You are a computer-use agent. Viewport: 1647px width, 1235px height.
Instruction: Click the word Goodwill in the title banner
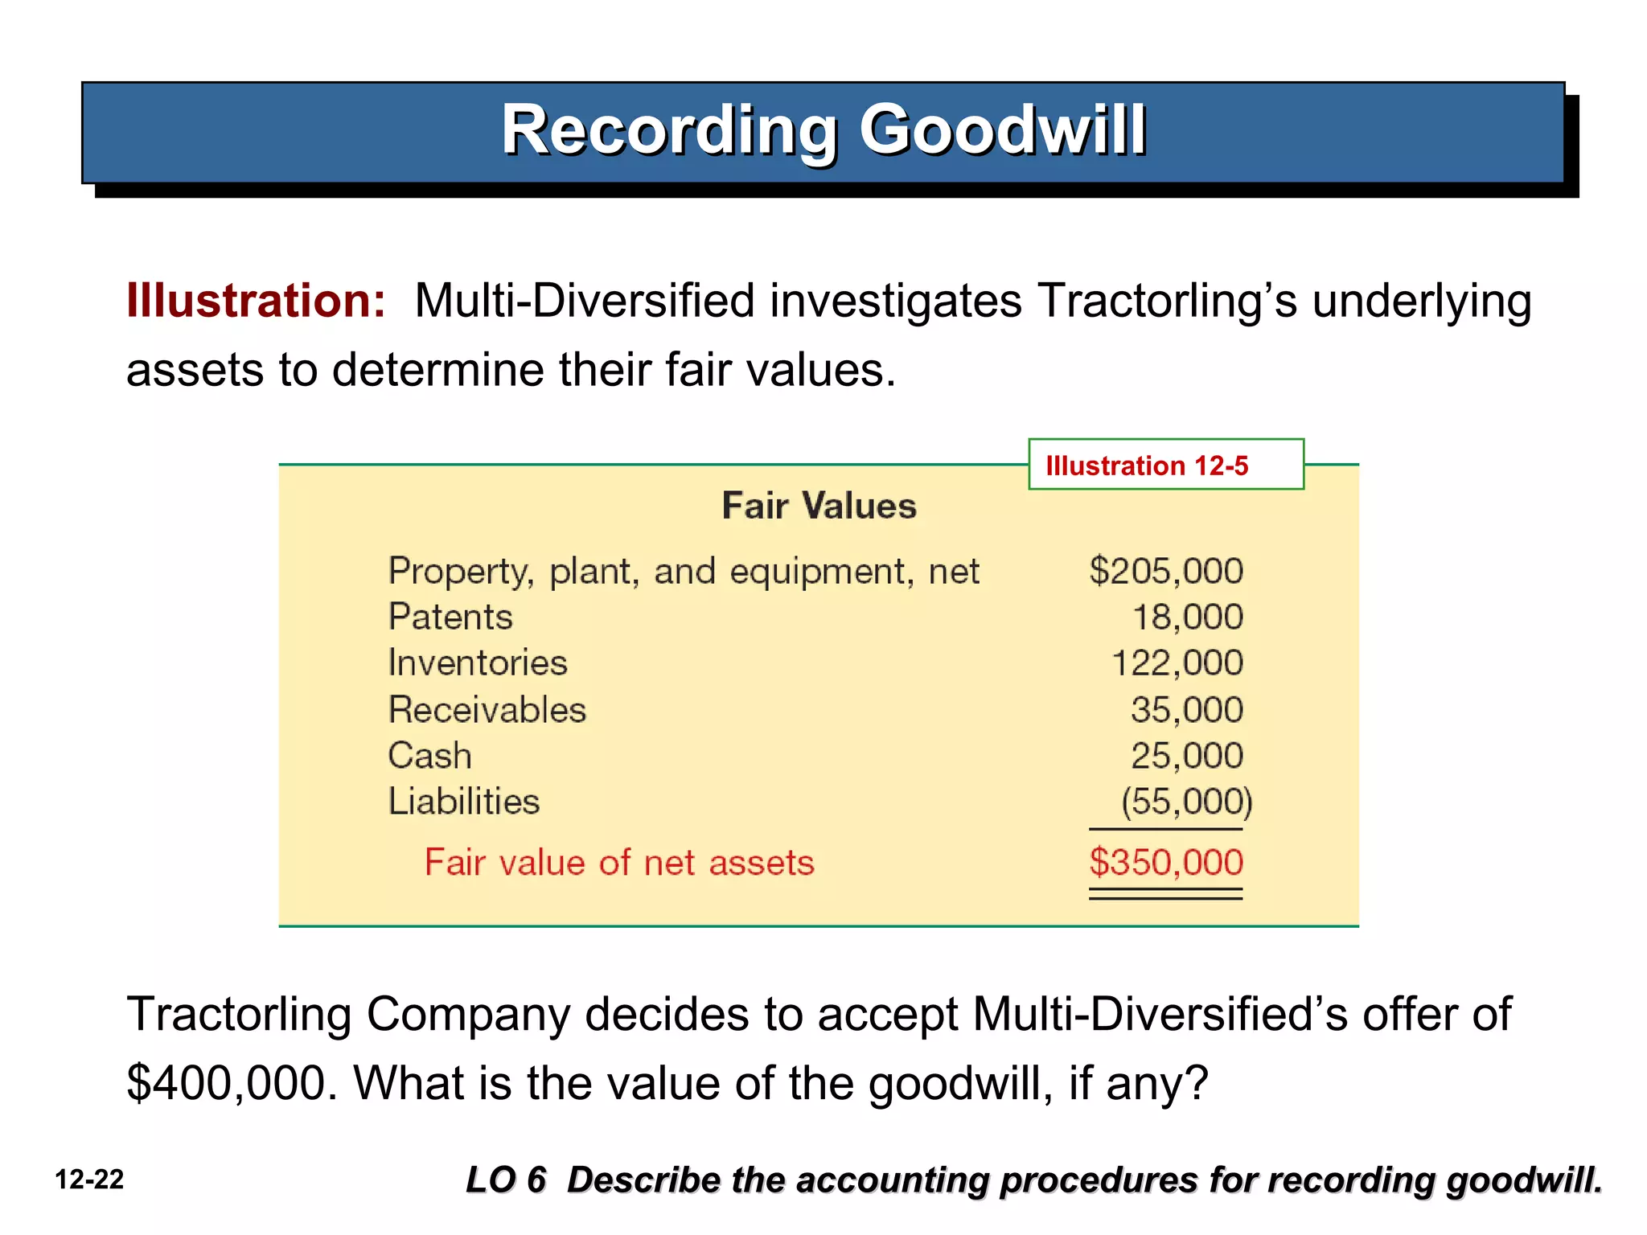coord(1002,130)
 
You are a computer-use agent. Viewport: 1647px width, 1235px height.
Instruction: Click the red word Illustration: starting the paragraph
coord(256,302)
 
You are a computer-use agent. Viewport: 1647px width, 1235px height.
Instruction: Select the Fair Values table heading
coord(819,506)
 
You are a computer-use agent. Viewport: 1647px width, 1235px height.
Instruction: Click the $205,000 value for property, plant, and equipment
coord(1165,571)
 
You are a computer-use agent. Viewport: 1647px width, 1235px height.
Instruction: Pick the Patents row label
coord(450,617)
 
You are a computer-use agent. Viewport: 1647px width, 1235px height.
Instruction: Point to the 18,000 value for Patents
coord(1187,617)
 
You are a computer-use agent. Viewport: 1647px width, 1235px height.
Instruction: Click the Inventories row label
coord(478,663)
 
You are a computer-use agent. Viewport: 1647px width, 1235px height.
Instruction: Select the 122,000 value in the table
coord(1177,663)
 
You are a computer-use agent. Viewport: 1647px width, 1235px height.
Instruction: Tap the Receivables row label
coord(487,710)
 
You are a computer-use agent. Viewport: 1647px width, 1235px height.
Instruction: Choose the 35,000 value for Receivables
coord(1186,710)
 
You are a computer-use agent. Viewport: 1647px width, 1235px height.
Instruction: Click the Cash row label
coord(429,756)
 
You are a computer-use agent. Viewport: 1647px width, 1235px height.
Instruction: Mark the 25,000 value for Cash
coord(1186,756)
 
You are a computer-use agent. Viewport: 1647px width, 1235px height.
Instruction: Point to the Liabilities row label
coord(464,802)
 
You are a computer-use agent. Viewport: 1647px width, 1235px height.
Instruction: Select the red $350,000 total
coord(1165,863)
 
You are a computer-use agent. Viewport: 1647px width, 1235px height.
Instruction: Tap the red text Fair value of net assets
coord(619,863)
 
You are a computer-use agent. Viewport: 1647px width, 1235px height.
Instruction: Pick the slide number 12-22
coord(89,1180)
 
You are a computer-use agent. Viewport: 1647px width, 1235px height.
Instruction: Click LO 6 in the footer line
coord(506,1180)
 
